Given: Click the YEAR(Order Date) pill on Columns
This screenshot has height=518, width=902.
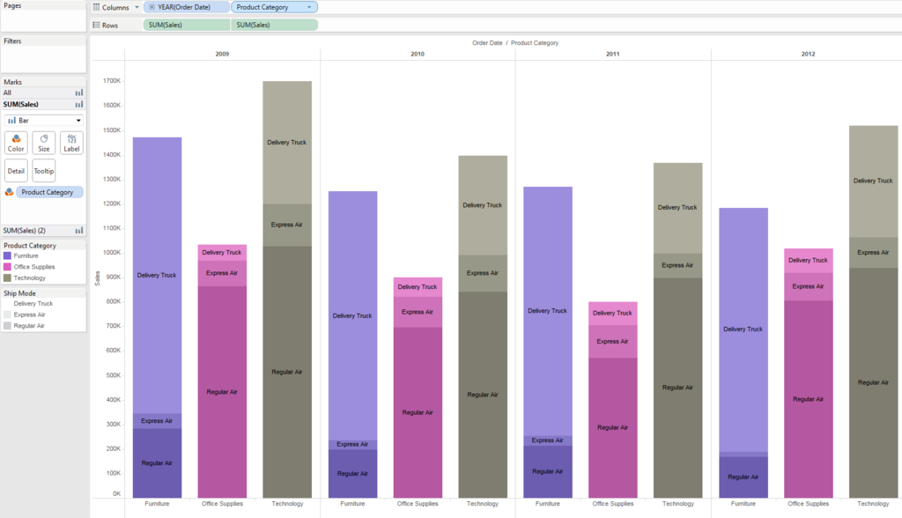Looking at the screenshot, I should coord(186,7).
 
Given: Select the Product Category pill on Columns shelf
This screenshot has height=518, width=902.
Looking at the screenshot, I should coord(273,7).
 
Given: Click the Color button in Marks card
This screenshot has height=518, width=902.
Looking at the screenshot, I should coord(16,143).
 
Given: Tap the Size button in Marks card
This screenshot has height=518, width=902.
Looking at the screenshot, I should coord(44,143).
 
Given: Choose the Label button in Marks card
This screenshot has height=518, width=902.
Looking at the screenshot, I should coord(71,143).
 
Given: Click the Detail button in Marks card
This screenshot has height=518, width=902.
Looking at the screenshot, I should coord(16,171).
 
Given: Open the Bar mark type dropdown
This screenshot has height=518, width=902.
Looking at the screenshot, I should coord(44,120).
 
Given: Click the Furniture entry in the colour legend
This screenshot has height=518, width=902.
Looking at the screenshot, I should coord(26,255).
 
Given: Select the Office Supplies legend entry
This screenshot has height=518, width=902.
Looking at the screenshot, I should coord(33,267).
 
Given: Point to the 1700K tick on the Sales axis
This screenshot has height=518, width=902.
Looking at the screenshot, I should coord(112,81).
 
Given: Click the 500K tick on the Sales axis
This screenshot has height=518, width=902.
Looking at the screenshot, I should coord(112,375).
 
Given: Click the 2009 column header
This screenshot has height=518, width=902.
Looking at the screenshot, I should coord(222,55).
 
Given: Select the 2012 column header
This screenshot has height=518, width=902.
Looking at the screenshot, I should coord(808,55).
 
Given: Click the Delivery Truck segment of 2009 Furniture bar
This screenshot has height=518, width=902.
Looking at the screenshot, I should coord(157,275).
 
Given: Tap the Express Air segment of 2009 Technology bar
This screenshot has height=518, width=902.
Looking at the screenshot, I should coord(287,225).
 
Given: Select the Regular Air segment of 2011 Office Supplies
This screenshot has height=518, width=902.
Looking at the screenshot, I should coord(613,427).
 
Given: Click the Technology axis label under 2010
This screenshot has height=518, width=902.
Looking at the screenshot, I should coord(483,504).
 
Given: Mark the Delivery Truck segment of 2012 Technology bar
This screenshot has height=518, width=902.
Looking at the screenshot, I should coord(873,181).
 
